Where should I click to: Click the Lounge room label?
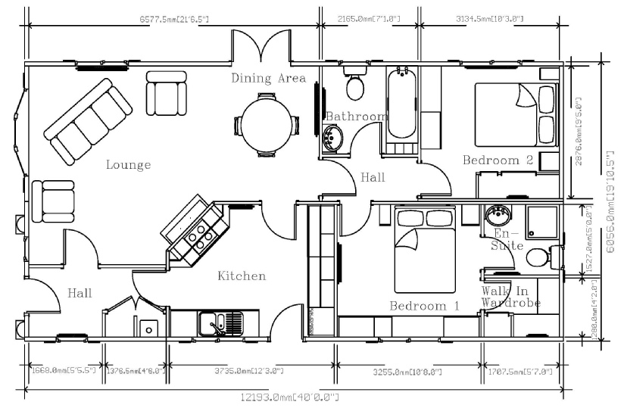pos(128,165)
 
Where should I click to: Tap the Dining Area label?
pos(268,78)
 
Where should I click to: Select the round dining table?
pos(265,125)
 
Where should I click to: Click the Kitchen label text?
pos(242,276)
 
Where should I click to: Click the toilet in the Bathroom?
pos(354,85)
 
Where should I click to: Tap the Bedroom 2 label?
pos(498,160)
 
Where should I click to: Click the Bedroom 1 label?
pos(424,306)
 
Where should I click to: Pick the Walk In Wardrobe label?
pos(510,297)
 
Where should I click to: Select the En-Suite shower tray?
pos(544,222)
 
